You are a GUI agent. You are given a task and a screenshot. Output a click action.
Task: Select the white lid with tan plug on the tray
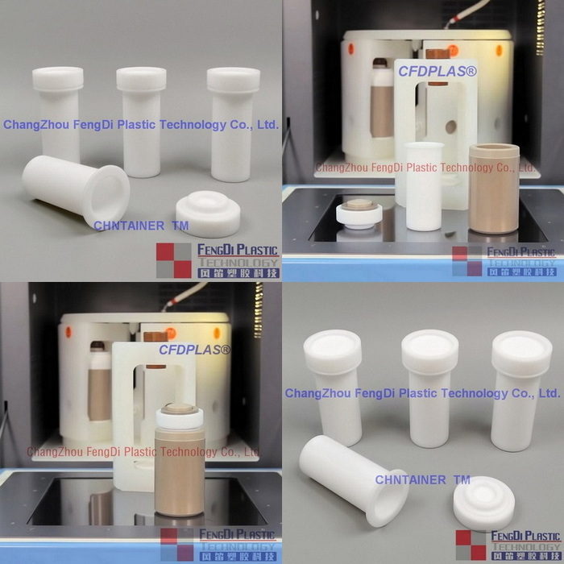click(359, 213)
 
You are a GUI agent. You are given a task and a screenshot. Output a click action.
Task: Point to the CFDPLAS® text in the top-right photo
click(437, 72)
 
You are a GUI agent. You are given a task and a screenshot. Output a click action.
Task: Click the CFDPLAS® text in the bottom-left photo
click(194, 350)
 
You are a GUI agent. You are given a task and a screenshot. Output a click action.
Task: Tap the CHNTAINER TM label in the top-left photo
click(141, 226)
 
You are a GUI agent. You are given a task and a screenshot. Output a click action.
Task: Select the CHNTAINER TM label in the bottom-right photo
click(422, 480)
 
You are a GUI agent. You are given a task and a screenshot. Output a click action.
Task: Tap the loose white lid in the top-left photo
click(208, 213)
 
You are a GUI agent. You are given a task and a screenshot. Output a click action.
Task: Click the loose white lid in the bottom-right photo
click(483, 503)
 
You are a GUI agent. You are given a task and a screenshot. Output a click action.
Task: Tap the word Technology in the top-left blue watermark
click(195, 125)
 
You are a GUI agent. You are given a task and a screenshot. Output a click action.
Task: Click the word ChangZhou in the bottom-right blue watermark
click(316, 394)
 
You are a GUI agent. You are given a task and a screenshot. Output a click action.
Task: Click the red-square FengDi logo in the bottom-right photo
click(471, 545)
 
